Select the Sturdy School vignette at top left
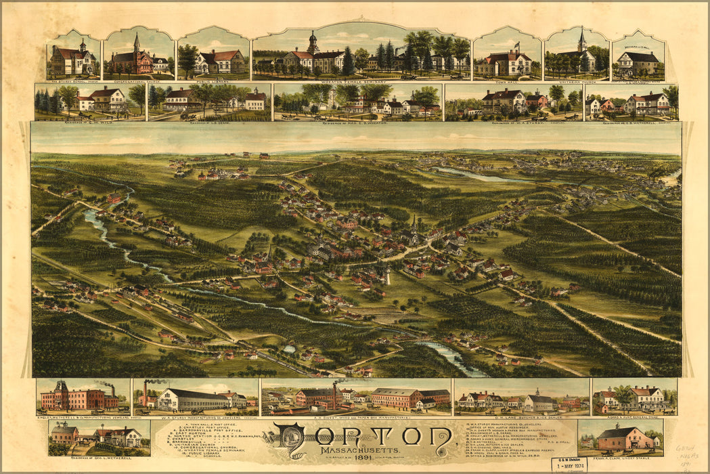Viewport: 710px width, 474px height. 73,58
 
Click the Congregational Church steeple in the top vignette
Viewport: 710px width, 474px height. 136,44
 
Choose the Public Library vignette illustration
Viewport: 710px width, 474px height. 213,58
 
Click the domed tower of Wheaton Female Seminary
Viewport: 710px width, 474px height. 313,42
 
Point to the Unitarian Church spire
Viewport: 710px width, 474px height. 581,39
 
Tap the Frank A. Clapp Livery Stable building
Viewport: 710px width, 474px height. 619,439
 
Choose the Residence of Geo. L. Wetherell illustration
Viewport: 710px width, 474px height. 98,437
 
